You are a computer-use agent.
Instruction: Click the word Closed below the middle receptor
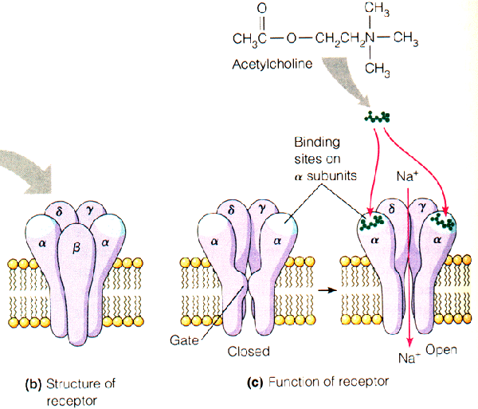[249, 351]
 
